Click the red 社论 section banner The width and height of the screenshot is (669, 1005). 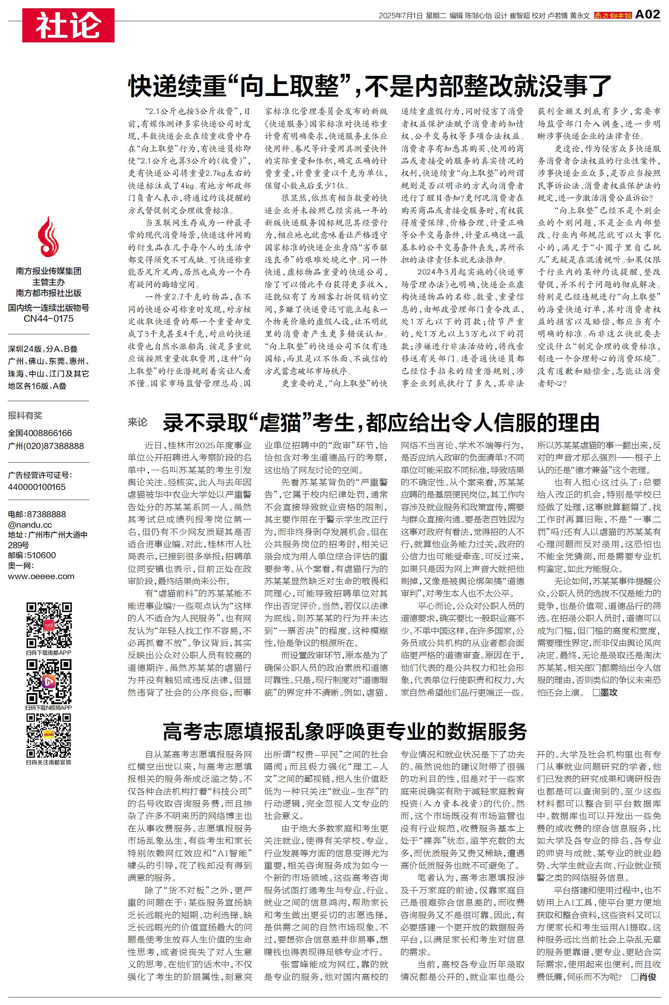[68, 25]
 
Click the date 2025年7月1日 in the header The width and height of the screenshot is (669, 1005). [400, 16]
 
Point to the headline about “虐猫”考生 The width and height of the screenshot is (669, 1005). [381, 422]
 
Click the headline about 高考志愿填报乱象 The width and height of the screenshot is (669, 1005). [344, 732]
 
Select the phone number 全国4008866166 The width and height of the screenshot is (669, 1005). [40, 433]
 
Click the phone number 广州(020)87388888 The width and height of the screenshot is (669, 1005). [46, 446]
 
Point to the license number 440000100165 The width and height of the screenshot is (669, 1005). [37, 487]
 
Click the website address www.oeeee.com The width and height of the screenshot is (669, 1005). [41, 576]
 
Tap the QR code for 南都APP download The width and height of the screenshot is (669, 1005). [48, 625]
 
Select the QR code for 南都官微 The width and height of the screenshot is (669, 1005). [48, 735]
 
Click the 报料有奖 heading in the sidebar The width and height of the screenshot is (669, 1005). [25, 416]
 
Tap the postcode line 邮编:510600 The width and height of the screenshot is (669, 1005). [32, 555]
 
